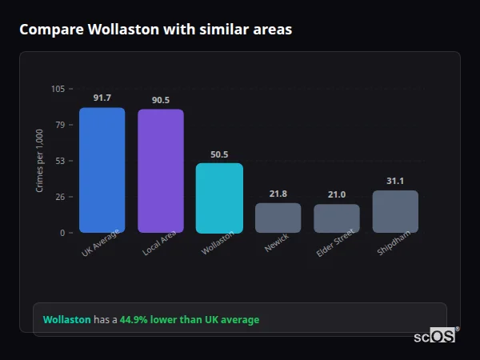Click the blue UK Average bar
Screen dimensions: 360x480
click(x=102, y=170)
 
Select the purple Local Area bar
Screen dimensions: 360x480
click(x=160, y=171)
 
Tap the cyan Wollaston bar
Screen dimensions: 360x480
click(x=219, y=198)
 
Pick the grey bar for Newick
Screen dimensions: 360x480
click(x=278, y=218)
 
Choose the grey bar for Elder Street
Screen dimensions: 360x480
click(x=336, y=218)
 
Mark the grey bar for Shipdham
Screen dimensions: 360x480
click(x=395, y=212)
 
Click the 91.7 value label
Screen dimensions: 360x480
click(x=102, y=98)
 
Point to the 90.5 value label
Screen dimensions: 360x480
click(x=160, y=100)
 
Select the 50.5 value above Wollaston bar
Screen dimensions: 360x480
click(x=219, y=154)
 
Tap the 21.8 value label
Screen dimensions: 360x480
click(x=278, y=194)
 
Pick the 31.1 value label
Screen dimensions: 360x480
click(x=395, y=181)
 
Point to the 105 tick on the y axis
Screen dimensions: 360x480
click(x=58, y=89)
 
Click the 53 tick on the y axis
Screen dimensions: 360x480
click(x=59, y=161)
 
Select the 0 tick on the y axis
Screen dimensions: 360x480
click(x=62, y=233)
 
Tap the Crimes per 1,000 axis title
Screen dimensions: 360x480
click(x=40, y=160)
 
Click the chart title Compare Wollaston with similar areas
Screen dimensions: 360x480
click(x=155, y=30)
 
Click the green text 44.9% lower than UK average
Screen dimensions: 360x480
click(x=190, y=320)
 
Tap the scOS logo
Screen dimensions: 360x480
click(x=434, y=336)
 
